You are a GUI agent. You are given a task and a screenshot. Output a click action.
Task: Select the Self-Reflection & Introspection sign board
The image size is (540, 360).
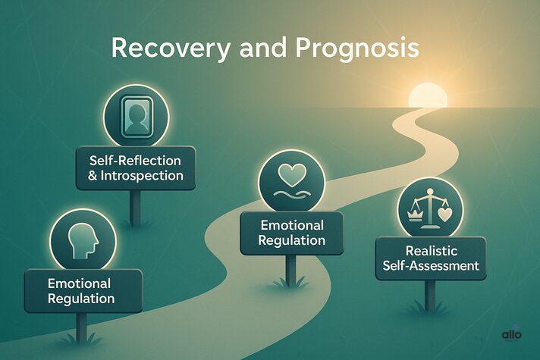[135, 167]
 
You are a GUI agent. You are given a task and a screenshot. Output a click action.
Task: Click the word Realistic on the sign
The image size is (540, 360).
[429, 250]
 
